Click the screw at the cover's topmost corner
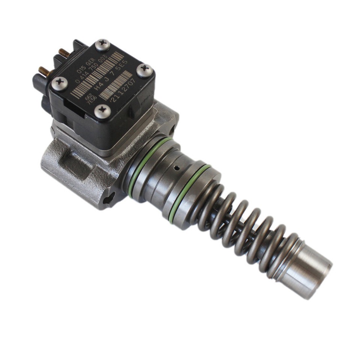102,45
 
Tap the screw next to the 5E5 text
144,70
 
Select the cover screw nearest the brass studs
59,83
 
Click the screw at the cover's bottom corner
102,111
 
